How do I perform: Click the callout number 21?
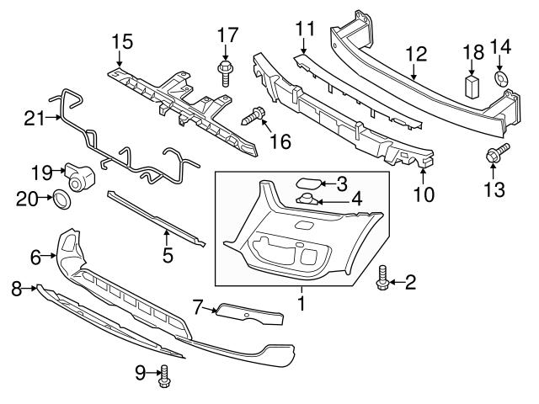point(33,120)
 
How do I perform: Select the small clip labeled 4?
point(308,199)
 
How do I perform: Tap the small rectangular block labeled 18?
point(472,86)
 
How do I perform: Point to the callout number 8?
point(15,290)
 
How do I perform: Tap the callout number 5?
point(168,253)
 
